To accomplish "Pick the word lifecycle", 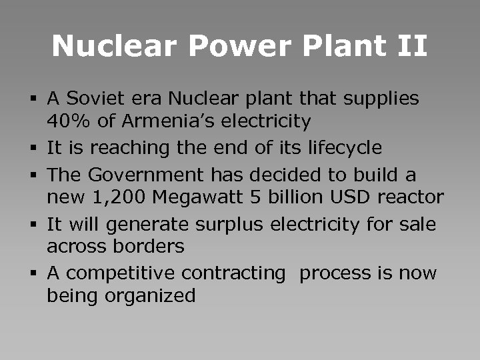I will click(x=347, y=147).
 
